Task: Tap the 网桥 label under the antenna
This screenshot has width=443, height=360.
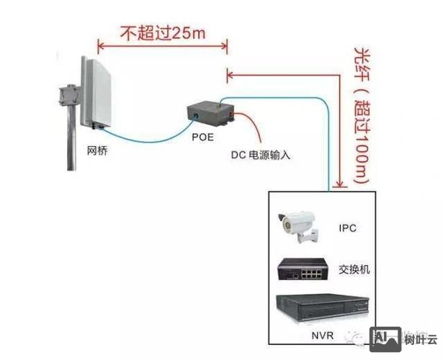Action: click(x=97, y=150)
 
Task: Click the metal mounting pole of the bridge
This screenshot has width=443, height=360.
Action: click(x=71, y=144)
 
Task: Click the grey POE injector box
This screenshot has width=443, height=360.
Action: click(x=210, y=114)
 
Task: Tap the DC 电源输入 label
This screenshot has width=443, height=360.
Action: click(x=260, y=154)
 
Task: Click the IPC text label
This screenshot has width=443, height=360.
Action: click(x=347, y=228)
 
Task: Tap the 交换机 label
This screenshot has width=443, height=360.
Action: click(x=354, y=269)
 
